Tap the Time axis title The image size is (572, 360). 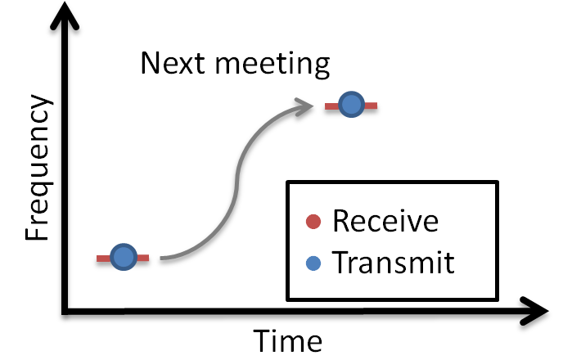click(x=286, y=340)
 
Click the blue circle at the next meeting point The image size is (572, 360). click(x=350, y=104)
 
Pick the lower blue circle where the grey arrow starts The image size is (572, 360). click(x=123, y=258)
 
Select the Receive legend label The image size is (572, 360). click(x=385, y=221)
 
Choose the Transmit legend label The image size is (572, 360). click(x=393, y=263)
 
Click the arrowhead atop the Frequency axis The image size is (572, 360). click(x=64, y=11)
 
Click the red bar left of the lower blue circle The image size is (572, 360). click(x=103, y=259)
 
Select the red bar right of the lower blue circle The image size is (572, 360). click(x=142, y=259)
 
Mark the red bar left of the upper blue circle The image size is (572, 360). click(x=331, y=105)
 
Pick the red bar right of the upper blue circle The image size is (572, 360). click(x=370, y=105)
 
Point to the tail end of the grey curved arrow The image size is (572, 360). click(x=162, y=258)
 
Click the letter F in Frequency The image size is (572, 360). click(x=37, y=232)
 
